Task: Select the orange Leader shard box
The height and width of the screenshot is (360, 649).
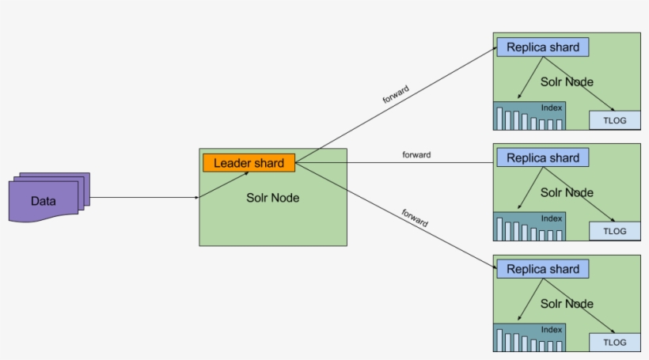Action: [x=249, y=163]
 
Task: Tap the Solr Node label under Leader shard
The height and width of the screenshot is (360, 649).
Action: [x=272, y=198]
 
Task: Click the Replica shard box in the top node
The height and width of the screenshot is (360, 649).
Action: [x=543, y=47]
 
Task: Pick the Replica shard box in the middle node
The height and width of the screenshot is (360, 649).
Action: [x=543, y=157]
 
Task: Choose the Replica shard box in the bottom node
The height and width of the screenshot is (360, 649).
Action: [x=543, y=269]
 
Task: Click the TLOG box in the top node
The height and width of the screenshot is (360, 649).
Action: [x=614, y=120]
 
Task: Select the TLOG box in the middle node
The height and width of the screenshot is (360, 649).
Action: [x=614, y=231]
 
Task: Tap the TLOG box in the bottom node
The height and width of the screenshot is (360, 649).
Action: [x=614, y=343]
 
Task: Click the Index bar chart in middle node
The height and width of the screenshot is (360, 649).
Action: [x=529, y=228]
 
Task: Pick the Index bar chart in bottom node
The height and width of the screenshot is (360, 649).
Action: [x=529, y=339]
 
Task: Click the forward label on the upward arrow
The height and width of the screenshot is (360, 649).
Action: [x=396, y=94]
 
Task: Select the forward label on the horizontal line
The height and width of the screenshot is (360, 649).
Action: [x=416, y=155]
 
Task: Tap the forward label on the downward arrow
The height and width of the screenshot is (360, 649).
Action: [x=414, y=218]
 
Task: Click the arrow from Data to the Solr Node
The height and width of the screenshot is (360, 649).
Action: [x=142, y=198]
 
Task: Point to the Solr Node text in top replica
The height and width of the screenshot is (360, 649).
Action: [x=567, y=81]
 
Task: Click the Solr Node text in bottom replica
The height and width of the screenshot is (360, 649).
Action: [x=567, y=303]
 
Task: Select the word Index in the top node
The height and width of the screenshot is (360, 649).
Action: [x=552, y=108]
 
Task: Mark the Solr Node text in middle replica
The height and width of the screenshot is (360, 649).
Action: [x=567, y=192]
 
